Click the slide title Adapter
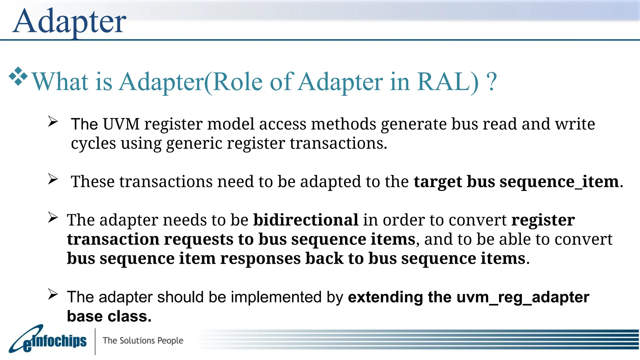pyautogui.click(x=69, y=21)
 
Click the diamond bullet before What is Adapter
pyautogui.click(x=18, y=76)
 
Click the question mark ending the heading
pyautogui.click(x=492, y=82)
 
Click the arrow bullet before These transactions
pyautogui.click(x=53, y=179)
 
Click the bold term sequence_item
pyautogui.click(x=559, y=182)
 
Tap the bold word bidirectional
pyautogui.click(x=305, y=220)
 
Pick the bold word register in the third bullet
pyautogui.click(x=543, y=220)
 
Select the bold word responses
pyautogui.click(x=260, y=259)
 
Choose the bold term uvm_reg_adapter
pyautogui.click(x=523, y=297)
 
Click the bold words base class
pyautogui.click(x=109, y=316)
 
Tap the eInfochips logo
pyautogui.click(x=48, y=340)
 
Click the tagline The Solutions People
pyautogui.click(x=143, y=340)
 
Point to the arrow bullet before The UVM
pyautogui.click(x=53, y=122)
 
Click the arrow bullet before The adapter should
pyautogui.click(x=53, y=294)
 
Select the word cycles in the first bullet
pyautogui.click(x=93, y=144)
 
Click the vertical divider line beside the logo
pyautogui.click(x=95, y=341)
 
